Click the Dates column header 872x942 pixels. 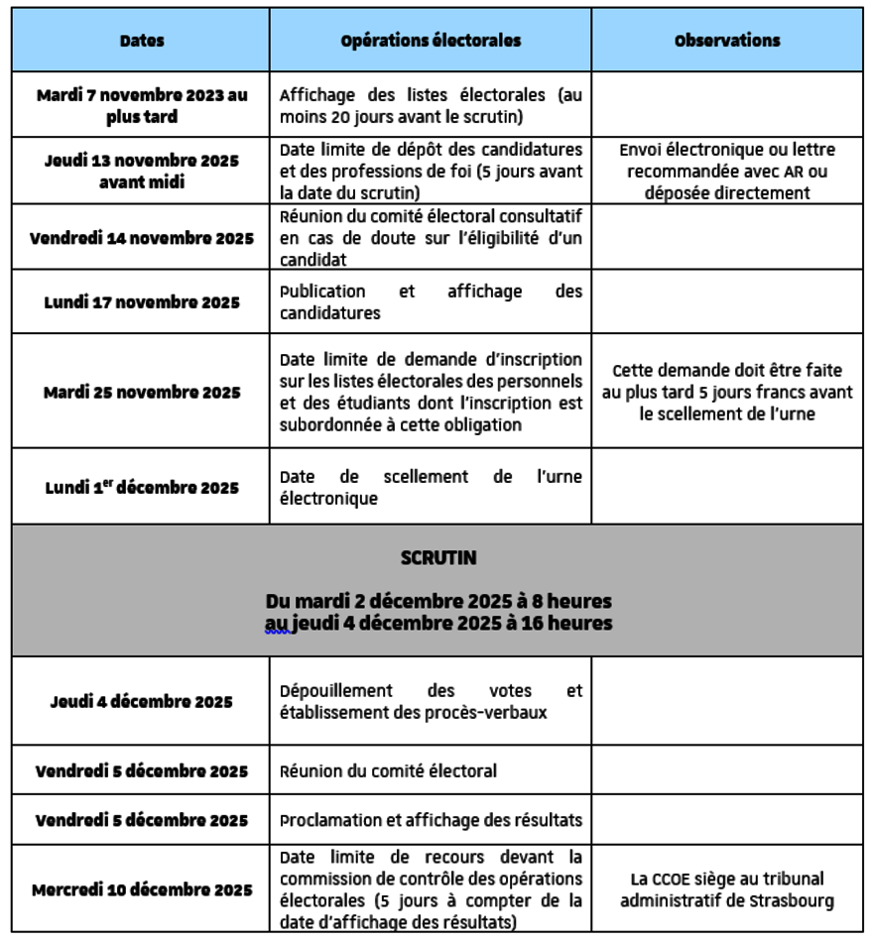pos(142,42)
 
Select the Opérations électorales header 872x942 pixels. pos(430,42)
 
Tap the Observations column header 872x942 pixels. pos(726,42)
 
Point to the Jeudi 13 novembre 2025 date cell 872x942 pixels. pos(142,171)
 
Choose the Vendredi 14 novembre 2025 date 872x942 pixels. pos(142,239)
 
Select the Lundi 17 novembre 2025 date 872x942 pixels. pos(142,302)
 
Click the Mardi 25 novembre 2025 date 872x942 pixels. pos(142,393)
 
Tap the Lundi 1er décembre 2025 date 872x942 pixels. pos(142,488)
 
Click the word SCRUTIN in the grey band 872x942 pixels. pos(437,558)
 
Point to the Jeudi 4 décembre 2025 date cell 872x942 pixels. pos(142,702)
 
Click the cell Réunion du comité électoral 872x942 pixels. pos(388,770)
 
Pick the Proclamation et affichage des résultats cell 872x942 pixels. pos(431,821)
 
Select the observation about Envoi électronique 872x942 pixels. pos(726,171)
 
